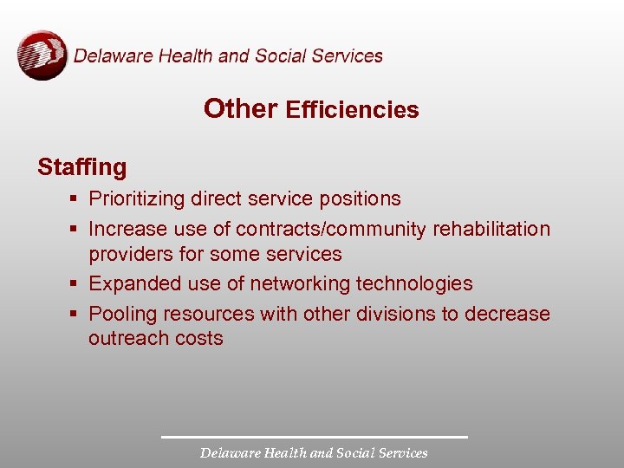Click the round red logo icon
click(x=42, y=55)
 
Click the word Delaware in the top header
click(x=109, y=56)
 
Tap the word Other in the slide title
click(x=240, y=108)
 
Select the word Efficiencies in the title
click(x=352, y=110)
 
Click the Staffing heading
click(x=81, y=167)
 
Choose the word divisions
click(x=400, y=313)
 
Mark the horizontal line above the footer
click(x=314, y=436)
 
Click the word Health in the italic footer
click(x=282, y=452)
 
